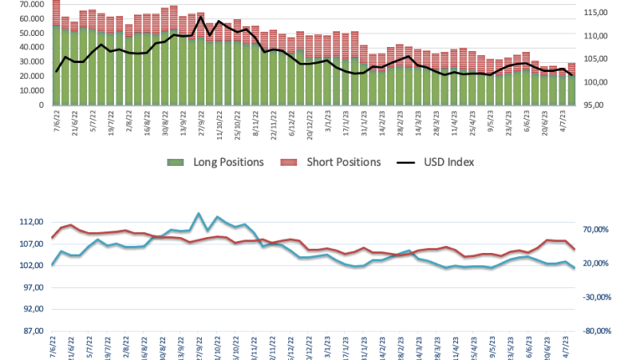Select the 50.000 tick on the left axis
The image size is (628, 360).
tap(30, 33)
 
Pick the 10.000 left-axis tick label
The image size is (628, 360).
tap(30, 91)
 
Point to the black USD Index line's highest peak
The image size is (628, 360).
tap(201, 17)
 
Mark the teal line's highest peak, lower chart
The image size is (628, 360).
tap(198, 213)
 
